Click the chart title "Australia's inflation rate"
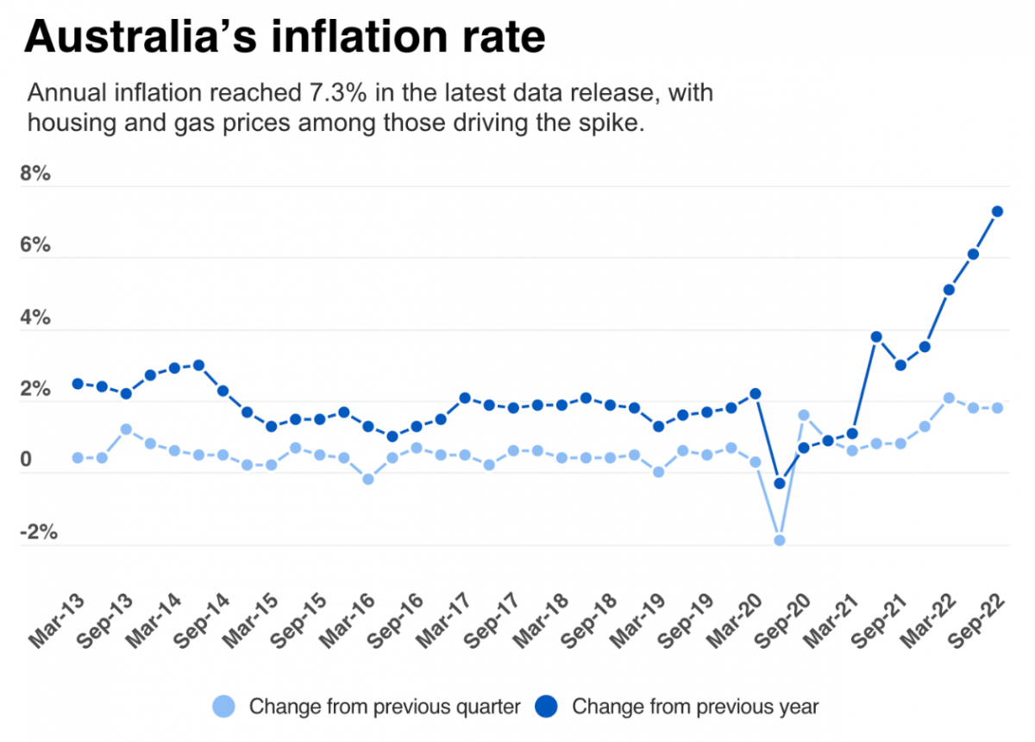285,38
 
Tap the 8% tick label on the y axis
35,173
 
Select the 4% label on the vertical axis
35,318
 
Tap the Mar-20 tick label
735,619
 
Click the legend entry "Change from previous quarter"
385,707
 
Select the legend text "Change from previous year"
695,707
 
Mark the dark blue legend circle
546,707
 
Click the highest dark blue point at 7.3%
997,211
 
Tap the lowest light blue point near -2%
780,540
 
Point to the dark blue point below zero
780,483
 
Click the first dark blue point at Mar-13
78,384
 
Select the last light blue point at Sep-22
997,407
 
